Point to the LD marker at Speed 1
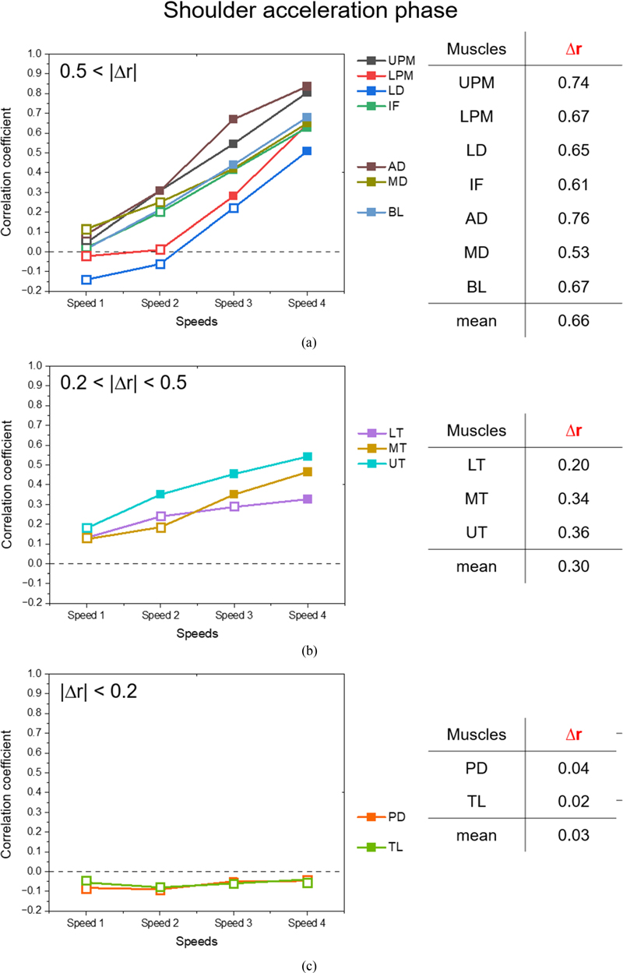(x=86, y=280)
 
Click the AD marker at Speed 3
(x=233, y=119)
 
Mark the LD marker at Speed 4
(x=307, y=151)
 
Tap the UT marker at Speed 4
(x=307, y=457)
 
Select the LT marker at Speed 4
(x=307, y=499)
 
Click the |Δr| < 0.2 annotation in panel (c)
(x=99, y=691)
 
